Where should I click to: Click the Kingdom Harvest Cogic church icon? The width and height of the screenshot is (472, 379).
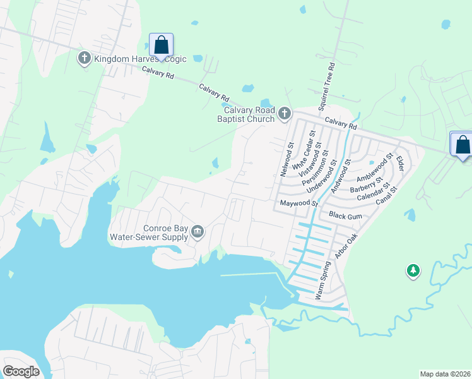click(x=85, y=59)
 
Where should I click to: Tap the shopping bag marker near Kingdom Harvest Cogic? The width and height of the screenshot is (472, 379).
click(x=161, y=45)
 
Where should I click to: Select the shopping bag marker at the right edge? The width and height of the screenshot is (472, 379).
click(x=463, y=145)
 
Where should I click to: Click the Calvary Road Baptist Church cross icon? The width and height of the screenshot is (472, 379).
click(x=284, y=114)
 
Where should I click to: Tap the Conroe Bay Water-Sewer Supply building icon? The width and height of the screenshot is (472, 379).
click(x=198, y=232)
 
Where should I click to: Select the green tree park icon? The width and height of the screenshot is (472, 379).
click(x=413, y=271)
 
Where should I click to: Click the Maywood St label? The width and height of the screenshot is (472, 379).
click(x=298, y=203)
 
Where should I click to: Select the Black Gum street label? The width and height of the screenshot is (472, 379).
click(x=345, y=215)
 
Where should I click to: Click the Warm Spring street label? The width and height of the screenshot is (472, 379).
click(x=322, y=279)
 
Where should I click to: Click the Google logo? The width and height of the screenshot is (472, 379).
click(x=21, y=371)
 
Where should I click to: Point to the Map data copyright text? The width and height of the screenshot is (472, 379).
click(x=445, y=374)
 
